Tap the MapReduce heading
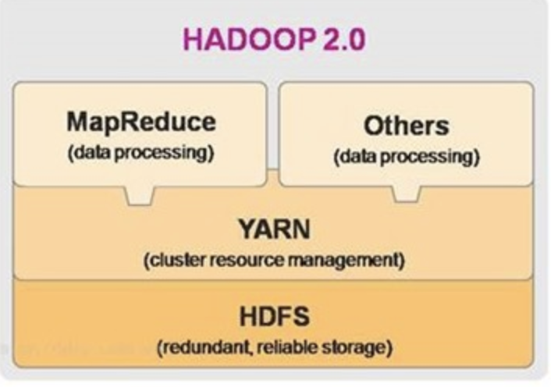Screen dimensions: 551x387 140,123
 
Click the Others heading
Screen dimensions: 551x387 406,126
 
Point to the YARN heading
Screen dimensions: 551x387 274,232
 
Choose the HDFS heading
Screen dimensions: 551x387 274,318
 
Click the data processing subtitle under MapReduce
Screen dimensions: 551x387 140,151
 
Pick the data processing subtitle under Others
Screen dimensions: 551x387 406,156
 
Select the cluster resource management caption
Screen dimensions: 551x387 274,260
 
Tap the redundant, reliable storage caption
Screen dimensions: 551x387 274,346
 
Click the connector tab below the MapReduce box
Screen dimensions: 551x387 140,195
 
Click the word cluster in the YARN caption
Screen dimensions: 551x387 169,260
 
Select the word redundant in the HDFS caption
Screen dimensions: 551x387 199,346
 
